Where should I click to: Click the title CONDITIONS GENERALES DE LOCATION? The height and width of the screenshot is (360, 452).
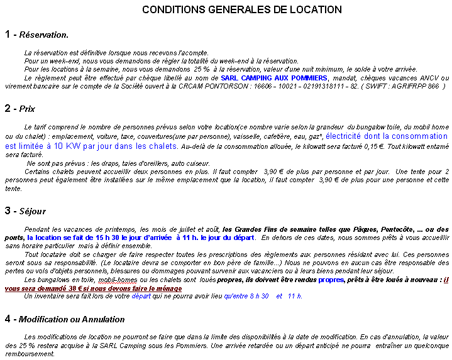242,10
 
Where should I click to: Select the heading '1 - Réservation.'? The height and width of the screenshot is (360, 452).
36,35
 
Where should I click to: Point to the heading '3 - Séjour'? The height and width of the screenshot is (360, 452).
25,210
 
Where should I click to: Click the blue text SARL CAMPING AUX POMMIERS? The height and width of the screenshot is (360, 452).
273,77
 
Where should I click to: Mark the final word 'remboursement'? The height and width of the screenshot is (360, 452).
27,354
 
